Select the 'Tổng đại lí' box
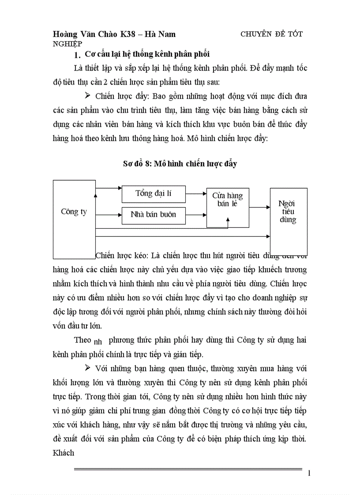click(x=153, y=194)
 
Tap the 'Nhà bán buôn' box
click(x=153, y=215)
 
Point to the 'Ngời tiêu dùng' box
click(x=288, y=212)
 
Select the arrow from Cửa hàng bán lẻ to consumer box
click(x=259, y=206)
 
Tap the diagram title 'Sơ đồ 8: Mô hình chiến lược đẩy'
click(x=180, y=164)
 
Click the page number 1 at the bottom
click(x=309, y=473)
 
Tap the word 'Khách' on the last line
click(x=64, y=453)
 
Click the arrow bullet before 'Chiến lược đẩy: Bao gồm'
click(x=87, y=95)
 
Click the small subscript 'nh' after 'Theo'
click(x=98, y=342)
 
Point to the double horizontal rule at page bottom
click(x=188, y=469)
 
